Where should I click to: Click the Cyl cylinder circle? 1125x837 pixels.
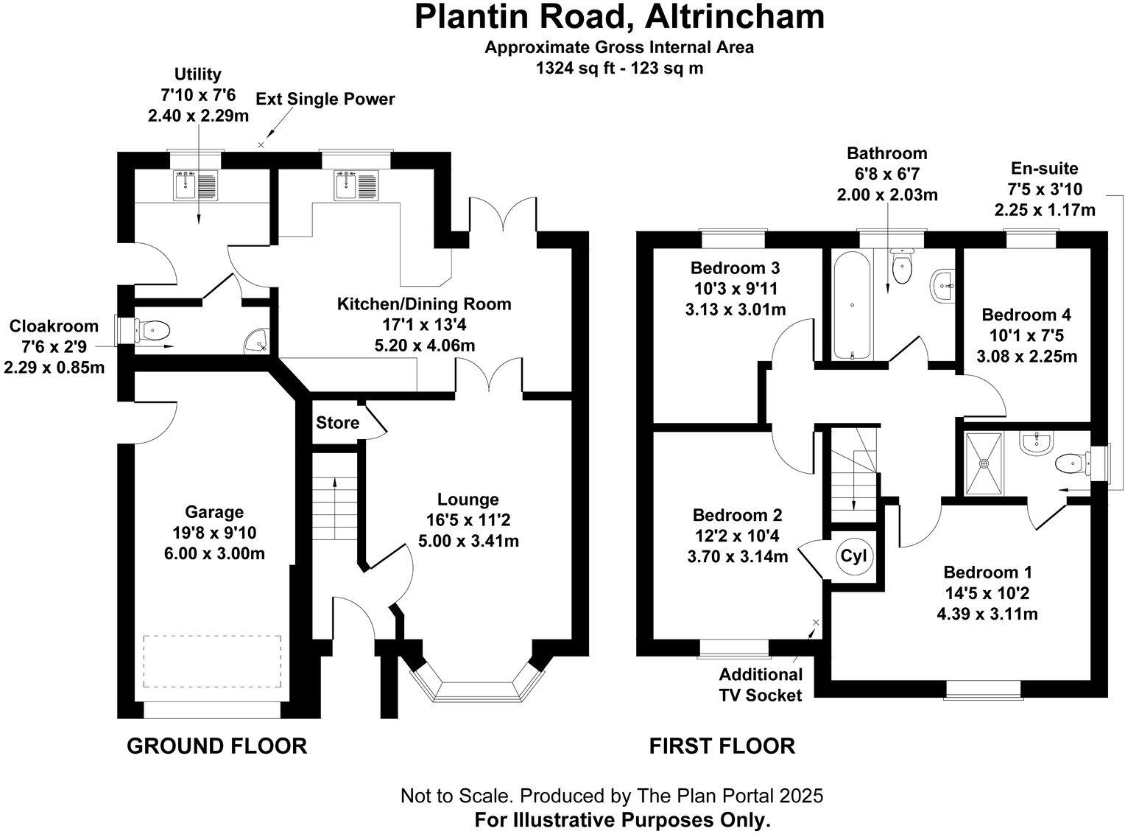(x=854, y=556)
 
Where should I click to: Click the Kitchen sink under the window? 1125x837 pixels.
(x=356, y=186)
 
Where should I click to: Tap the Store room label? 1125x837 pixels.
(x=337, y=423)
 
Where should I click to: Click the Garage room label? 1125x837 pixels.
(x=214, y=512)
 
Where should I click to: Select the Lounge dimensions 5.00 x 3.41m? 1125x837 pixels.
(x=468, y=541)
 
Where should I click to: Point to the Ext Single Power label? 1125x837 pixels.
(x=325, y=99)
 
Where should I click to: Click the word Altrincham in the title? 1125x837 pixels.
(x=727, y=16)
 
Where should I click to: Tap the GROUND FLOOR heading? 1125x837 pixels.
(x=217, y=746)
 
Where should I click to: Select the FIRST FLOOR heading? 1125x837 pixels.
(x=722, y=746)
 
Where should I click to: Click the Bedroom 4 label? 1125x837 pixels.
(x=1026, y=315)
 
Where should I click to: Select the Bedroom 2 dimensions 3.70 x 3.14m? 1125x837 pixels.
(x=737, y=556)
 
